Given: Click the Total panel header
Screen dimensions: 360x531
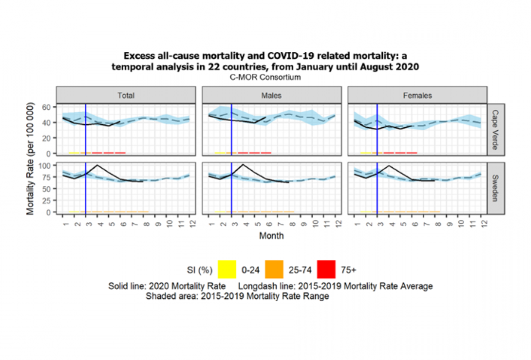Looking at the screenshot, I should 126,95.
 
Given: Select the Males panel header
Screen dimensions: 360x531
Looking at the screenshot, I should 271,95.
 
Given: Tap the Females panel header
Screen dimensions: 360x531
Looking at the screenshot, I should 417,95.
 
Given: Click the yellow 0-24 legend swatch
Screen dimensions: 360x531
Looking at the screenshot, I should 227,270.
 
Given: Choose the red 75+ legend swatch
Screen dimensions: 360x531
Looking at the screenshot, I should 327,270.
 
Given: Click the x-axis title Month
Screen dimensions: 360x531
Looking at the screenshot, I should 271,235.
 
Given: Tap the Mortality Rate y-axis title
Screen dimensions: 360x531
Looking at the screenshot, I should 30,159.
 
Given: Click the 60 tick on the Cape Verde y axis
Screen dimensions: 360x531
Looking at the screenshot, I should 48,107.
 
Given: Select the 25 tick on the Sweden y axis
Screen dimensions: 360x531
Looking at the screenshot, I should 48,200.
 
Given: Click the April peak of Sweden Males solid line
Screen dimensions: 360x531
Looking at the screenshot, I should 243,165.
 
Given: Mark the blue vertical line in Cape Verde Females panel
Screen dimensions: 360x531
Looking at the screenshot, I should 377,129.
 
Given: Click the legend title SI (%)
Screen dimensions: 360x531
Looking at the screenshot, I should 200,270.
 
